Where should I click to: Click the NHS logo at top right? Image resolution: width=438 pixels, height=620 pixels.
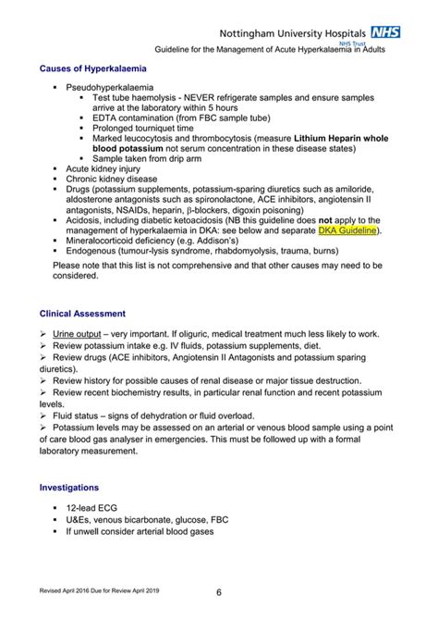tap(385, 31)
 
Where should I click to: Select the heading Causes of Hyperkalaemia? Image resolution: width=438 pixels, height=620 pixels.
tap(92, 68)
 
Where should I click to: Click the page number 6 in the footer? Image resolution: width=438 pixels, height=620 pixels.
tap(219, 592)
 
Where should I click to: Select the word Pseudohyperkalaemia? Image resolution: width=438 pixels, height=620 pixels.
tap(123, 86)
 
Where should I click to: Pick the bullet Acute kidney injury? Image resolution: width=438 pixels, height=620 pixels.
tap(111, 168)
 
